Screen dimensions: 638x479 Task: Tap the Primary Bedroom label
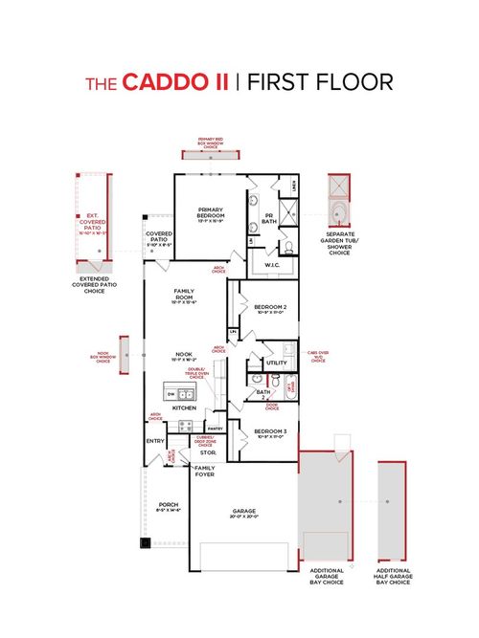(211, 211)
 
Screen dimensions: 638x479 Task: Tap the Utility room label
(277, 363)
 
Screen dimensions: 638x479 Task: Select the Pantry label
(215, 429)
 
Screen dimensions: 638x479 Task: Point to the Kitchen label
(185, 407)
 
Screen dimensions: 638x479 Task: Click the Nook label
(185, 354)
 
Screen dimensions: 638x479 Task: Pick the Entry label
(155, 440)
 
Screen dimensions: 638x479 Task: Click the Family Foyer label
(205, 471)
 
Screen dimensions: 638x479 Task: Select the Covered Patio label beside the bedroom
(158, 235)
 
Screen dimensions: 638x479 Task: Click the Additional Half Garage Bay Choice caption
(394, 576)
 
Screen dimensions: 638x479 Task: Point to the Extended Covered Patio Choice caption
(93, 284)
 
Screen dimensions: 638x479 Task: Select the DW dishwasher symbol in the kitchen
(171, 394)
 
